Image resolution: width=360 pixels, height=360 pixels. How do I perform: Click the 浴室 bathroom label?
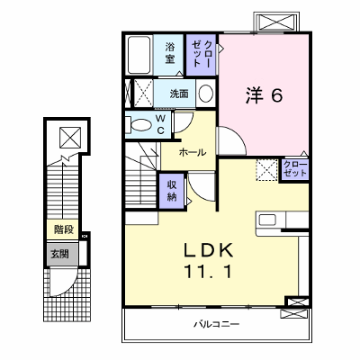point(170,53)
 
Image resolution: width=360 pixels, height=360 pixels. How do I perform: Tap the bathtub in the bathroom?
point(139,55)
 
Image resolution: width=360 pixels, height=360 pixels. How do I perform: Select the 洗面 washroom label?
point(179,94)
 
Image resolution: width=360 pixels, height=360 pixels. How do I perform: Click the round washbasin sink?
point(206,94)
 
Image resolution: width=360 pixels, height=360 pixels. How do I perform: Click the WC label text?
point(160,125)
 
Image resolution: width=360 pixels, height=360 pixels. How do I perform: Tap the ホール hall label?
point(193,152)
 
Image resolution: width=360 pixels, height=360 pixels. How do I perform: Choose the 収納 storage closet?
point(172,191)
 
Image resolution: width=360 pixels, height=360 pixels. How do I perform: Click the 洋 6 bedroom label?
point(264,95)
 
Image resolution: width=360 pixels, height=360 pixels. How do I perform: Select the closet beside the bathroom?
point(201,55)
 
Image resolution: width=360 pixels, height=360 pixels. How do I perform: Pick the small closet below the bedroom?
point(295,170)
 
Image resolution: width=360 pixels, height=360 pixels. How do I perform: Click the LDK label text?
point(209,250)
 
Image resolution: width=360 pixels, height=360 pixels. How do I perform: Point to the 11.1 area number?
point(209,272)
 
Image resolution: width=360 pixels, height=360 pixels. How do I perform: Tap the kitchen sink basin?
point(267,220)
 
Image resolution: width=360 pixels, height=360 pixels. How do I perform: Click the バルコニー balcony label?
point(216,324)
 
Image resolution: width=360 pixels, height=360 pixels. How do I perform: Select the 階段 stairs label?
point(64,229)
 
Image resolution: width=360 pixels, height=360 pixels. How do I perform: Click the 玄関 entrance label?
point(59,254)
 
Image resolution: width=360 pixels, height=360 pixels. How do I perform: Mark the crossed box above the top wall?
point(275,22)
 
